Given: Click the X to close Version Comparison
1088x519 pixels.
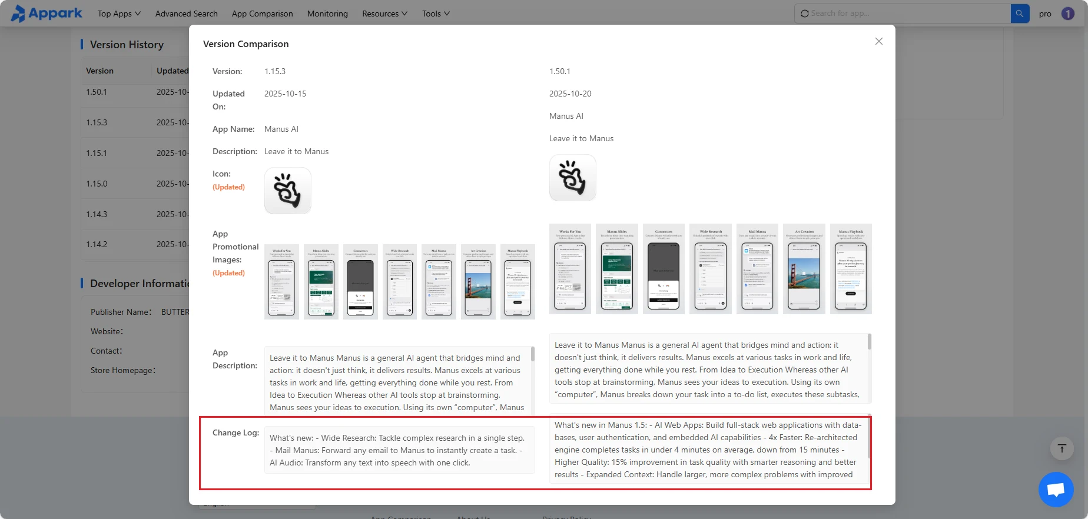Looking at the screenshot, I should [878, 41].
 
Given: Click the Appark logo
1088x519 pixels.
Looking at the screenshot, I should [47, 13].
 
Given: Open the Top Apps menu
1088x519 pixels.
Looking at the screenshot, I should [119, 14].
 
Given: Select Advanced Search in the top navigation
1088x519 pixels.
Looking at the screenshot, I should [186, 14].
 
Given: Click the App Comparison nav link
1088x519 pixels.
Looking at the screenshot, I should [262, 14].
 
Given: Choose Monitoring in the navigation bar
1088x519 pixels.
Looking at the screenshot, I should [327, 14].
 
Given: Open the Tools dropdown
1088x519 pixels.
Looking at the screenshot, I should [436, 14].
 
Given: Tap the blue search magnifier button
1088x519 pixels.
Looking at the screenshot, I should [1020, 14].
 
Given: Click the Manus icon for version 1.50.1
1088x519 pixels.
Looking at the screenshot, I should [572, 178].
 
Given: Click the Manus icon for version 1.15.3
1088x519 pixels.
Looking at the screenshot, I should [287, 191].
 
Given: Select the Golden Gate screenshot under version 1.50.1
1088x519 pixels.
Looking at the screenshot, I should [804, 269].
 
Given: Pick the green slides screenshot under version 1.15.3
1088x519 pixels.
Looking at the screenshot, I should [321, 282].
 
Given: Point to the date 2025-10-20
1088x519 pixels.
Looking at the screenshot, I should [570, 94].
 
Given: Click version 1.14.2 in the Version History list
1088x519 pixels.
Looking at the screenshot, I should [97, 244].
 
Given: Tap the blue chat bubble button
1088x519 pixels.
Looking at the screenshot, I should [1056, 489].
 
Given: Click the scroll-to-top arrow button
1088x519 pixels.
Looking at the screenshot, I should [1062, 449].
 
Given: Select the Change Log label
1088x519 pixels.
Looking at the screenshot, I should [235, 432].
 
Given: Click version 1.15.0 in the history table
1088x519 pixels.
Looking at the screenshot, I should [97, 184].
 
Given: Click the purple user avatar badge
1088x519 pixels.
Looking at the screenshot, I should [1067, 14].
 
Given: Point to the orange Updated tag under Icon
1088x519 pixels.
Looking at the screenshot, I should [228, 187].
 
